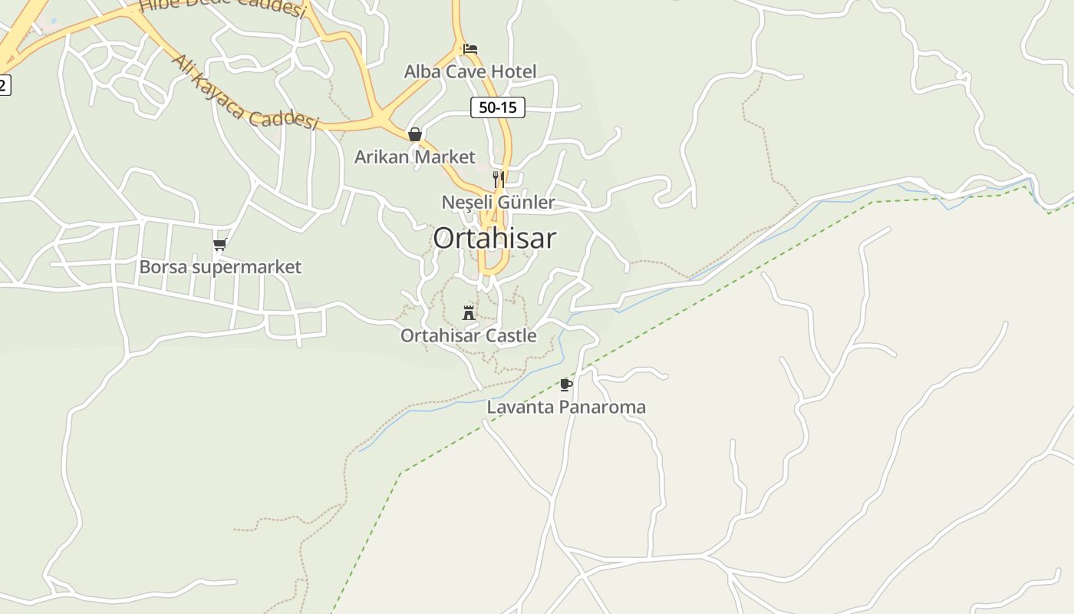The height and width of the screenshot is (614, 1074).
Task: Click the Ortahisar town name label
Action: coord(494,239)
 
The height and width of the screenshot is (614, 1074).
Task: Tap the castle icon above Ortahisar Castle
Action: coord(469,312)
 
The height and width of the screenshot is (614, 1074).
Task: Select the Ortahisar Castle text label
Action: coord(468,335)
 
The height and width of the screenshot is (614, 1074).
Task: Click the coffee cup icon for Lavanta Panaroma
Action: coord(566,384)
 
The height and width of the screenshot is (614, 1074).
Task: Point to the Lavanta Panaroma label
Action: coord(566,407)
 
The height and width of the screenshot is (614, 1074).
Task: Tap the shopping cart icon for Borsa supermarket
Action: coord(220,245)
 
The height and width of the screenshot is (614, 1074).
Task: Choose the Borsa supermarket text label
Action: coord(220,267)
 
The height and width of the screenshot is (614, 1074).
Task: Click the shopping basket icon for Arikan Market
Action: coord(415,134)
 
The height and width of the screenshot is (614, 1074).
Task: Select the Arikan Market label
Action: coord(415,157)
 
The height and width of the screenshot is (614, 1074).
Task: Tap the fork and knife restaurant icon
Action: coord(498,179)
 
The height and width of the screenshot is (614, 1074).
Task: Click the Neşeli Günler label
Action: coord(498,202)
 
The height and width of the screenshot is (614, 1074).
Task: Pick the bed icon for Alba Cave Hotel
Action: coord(470,49)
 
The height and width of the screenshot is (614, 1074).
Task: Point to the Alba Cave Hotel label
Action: coord(470,71)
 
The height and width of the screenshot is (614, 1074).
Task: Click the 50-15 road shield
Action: coord(498,107)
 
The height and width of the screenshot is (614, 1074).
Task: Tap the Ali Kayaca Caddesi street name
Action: coord(245,92)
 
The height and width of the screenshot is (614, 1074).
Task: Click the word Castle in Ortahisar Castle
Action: coord(512,335)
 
